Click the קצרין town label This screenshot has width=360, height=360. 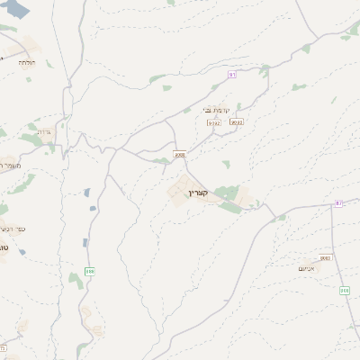pos(198,192)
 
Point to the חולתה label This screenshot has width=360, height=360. pos(24,62)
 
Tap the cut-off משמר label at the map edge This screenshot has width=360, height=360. pos(7,165)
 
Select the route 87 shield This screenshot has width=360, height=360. pos(339,203)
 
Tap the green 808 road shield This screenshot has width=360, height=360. pos(344,290)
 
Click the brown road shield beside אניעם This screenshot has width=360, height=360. pos(326,258)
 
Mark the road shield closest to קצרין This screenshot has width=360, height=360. pos(180,155)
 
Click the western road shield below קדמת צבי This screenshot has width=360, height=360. pos(213,121)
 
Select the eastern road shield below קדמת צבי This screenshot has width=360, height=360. pos(237,121)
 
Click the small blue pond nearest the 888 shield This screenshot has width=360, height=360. pos(85,242)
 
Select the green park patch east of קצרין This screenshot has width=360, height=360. pos(229,195)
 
